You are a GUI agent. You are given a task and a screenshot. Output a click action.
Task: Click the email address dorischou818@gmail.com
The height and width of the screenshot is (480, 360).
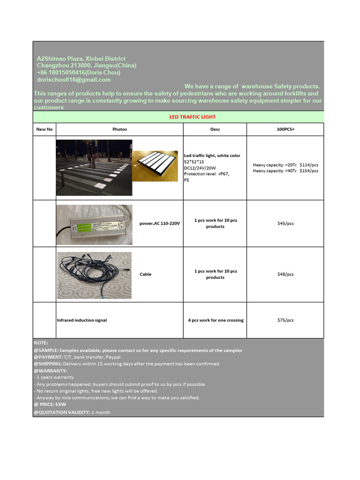[x=74, y=80]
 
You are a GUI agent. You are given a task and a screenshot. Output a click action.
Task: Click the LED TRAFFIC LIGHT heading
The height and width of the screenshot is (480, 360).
[x=192, y=117]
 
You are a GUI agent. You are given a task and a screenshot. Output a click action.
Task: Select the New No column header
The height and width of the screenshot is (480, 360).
[x=45, y=129]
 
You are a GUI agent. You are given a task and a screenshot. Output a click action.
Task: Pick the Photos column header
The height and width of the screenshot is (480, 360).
[x=120, y=129]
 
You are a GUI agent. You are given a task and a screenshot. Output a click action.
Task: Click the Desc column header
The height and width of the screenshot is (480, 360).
[x=215, y=129]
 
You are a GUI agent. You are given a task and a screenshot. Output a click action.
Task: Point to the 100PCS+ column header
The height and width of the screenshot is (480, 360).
[x=285, y=129]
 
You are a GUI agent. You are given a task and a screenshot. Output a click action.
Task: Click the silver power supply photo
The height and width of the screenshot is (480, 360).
[x=94, y=225]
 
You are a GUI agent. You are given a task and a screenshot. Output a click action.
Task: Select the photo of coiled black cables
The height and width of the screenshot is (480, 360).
[x=94, y=275]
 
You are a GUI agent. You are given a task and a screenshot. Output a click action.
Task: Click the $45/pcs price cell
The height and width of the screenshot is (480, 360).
[x=285, y=224]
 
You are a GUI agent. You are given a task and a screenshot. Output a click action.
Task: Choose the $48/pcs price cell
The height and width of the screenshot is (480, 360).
[x=285, y=274]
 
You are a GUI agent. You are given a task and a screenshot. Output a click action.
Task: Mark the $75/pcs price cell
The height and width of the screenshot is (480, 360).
[x=285, y=320]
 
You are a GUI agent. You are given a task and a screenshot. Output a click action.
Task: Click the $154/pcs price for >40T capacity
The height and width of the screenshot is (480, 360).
[x=309, y=171]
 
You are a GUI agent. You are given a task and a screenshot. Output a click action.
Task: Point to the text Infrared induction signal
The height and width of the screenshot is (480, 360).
[x=82, y=320]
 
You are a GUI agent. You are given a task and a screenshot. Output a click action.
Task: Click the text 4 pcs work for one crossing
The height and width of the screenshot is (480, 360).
[x=216, y=320]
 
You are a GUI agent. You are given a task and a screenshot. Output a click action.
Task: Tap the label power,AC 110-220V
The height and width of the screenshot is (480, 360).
[x=160, y=224]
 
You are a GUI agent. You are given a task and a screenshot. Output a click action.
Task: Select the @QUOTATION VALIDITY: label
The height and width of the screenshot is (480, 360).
[x=61, y=412]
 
